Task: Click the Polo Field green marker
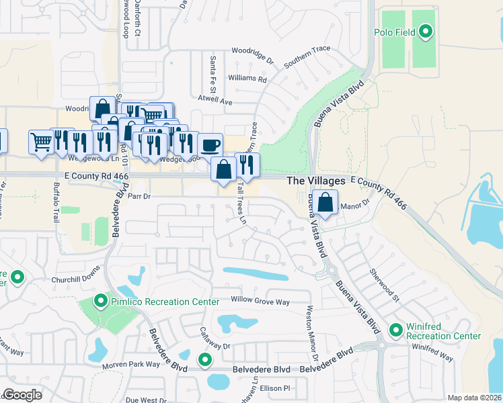click(x=425, y=31)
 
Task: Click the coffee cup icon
click(x=210, y=144)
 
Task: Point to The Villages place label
click(x=316, y=181)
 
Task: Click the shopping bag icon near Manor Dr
click(x=325, y=203)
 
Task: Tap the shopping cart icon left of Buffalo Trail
click(x=41, y=142)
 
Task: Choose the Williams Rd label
click(x=247, y=79)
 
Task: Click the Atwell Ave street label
click(x=215, y=101)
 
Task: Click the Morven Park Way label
click(x=130, y=364)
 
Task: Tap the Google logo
click(x=22, y=395)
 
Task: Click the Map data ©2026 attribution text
click(x=474, y=398)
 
